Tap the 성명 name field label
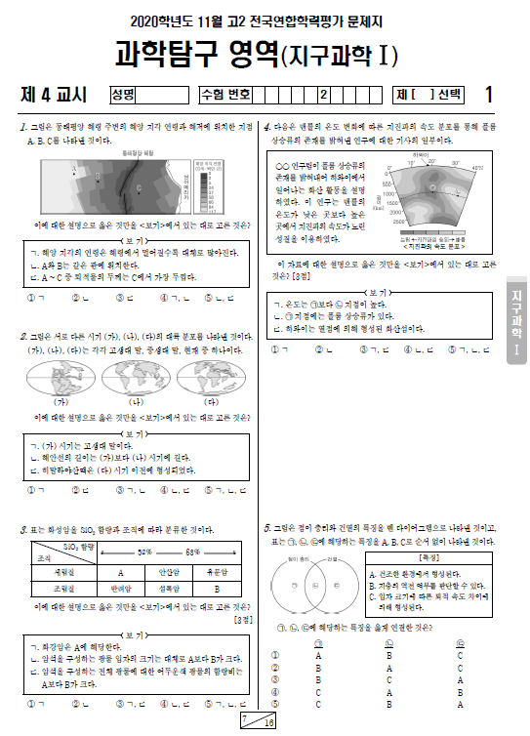pyautogui.click(x=123, y=95)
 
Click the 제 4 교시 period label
pyautogui.click(x=54, y=95)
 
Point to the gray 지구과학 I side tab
pyautogui.click(x=516, y=321)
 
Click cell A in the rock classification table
pyautogui.click(x=120, y=573)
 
